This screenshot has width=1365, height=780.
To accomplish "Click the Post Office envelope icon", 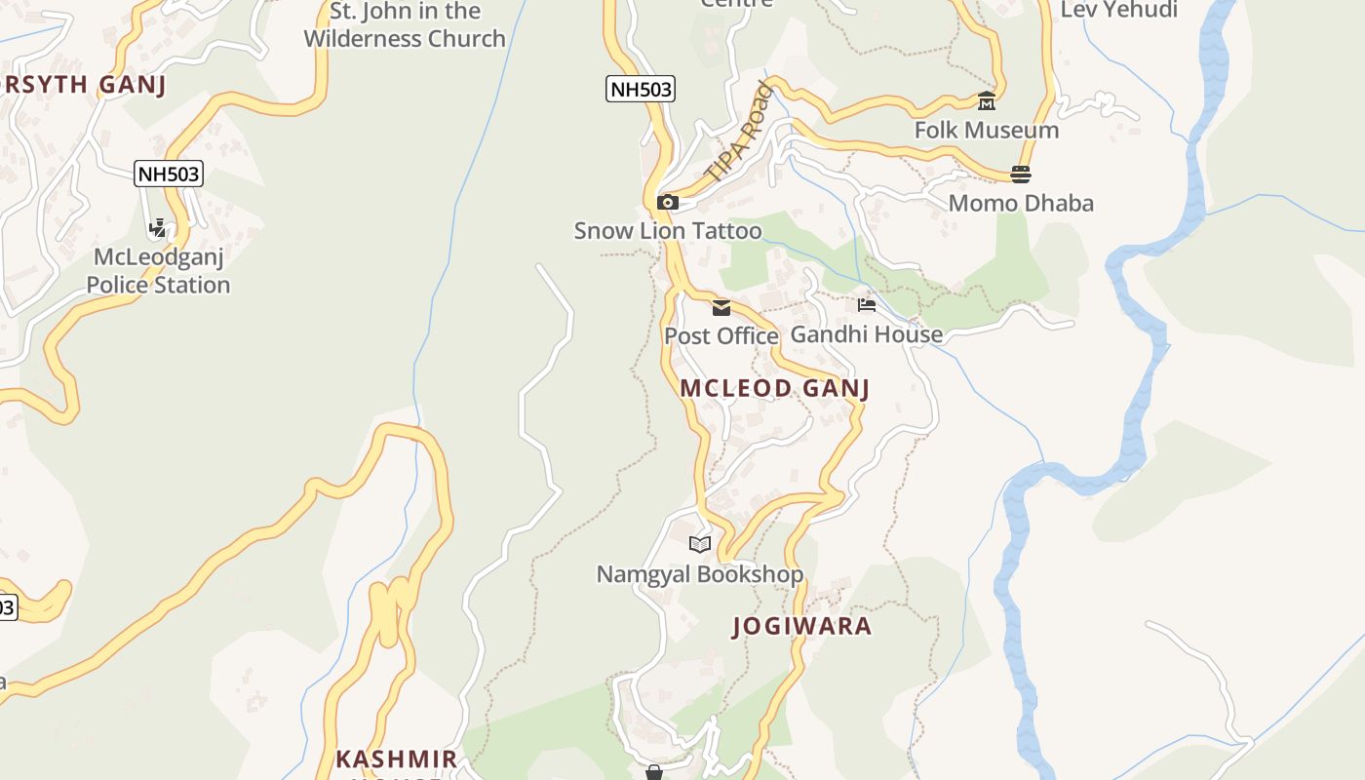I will [x=721, y=308].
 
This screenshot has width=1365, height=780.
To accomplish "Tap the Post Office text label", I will [x=721, y=336].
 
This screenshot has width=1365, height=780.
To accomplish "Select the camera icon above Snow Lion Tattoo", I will [x=668, y=203].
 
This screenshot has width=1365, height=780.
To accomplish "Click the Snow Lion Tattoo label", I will [x=668, y=231].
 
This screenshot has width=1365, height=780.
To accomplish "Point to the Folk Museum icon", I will [x=987, y=101].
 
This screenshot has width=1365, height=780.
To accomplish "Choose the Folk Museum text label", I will [x=987, y=130].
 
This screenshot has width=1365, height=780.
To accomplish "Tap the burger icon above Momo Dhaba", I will [x=1021, y=175].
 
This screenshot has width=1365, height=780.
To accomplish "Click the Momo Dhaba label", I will [x=1021, y=204].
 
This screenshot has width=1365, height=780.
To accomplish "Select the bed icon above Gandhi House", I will [x=867, y=305].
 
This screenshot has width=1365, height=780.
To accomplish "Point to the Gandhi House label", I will [x=867, y=334].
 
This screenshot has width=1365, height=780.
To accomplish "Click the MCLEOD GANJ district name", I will [x=774, y=388].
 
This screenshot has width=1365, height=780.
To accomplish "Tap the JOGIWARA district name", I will [x=802, y=626].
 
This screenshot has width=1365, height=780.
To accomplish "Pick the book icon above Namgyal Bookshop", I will [x=700, y=544].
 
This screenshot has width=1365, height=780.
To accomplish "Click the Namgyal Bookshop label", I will [x=700, y=574].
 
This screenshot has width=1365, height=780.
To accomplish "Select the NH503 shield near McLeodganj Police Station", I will [x=169, y=175].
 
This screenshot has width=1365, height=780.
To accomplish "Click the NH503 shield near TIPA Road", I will [x=641, y=90].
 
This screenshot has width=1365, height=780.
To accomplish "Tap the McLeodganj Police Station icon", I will [x=158, y=228].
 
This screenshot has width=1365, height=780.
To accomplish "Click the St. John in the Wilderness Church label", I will [x=405, y=25].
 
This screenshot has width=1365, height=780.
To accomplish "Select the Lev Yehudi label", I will [x=1119, y=10].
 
